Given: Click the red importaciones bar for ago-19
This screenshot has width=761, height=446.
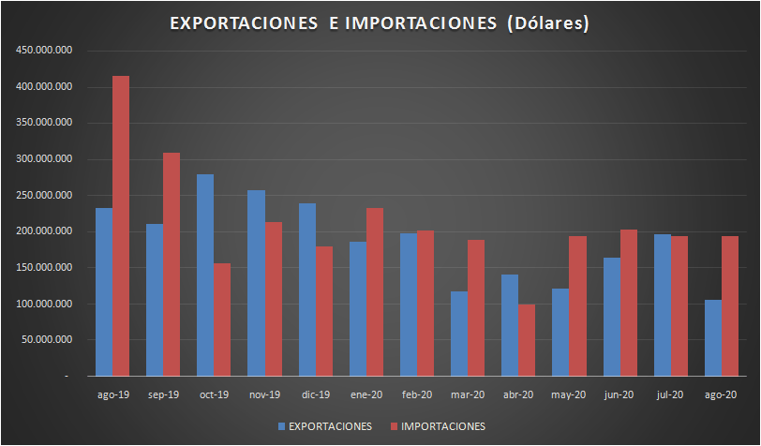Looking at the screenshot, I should point(121,225).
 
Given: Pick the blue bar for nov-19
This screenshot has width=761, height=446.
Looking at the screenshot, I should point(256,282).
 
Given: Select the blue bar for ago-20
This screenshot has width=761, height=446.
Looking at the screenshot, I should point(712,337).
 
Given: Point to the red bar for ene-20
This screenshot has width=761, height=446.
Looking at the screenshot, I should point(374,291).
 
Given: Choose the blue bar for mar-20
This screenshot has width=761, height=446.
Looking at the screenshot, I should point(459,333).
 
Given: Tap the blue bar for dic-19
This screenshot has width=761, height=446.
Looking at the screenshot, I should point(306,290).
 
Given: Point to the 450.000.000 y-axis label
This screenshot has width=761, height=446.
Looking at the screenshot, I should point(46,51).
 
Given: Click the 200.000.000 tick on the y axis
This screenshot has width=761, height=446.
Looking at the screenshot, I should point(46,231).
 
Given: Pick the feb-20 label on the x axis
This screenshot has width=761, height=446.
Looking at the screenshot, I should point(416,395).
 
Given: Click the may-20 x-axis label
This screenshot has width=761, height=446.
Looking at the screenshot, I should point(569,395).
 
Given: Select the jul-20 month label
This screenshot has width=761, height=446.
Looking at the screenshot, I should point(670,395).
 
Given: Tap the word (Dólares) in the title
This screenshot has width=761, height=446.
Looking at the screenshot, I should point(546,24).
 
